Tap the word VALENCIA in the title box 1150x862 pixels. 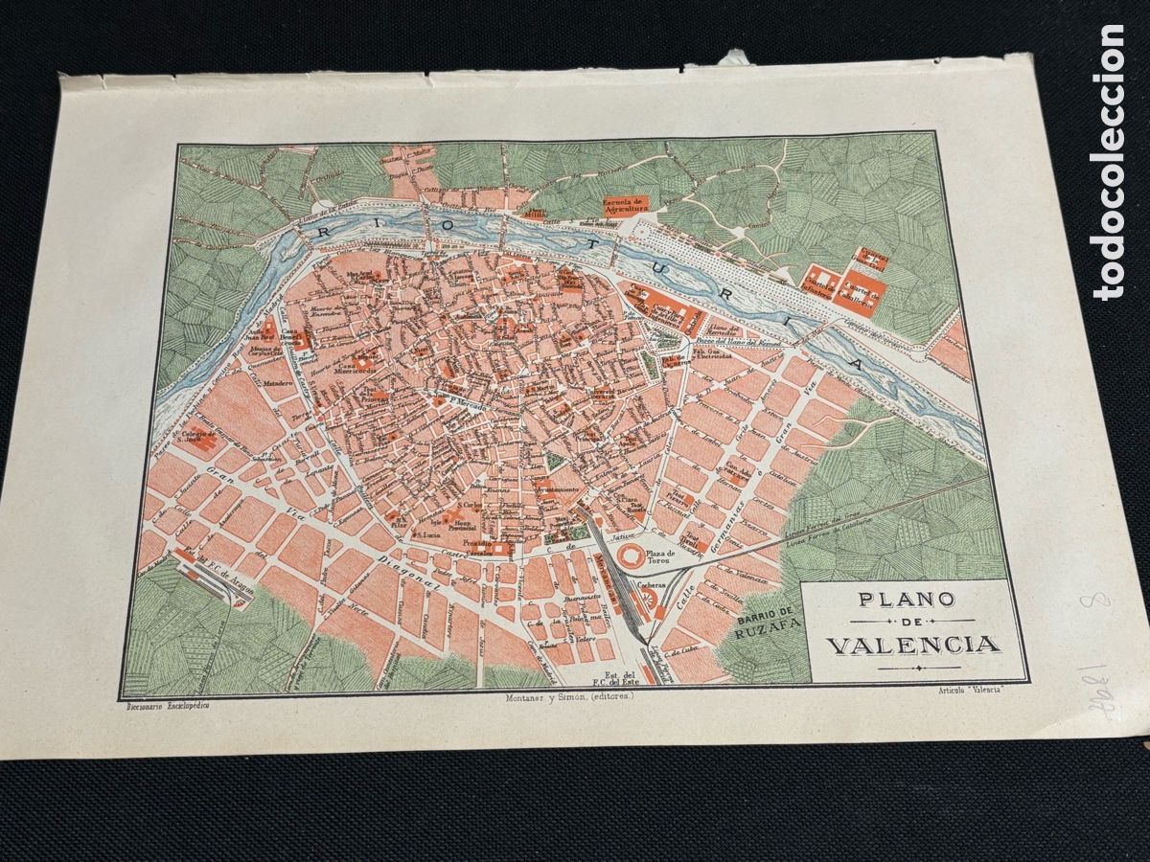tap(911, 644)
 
